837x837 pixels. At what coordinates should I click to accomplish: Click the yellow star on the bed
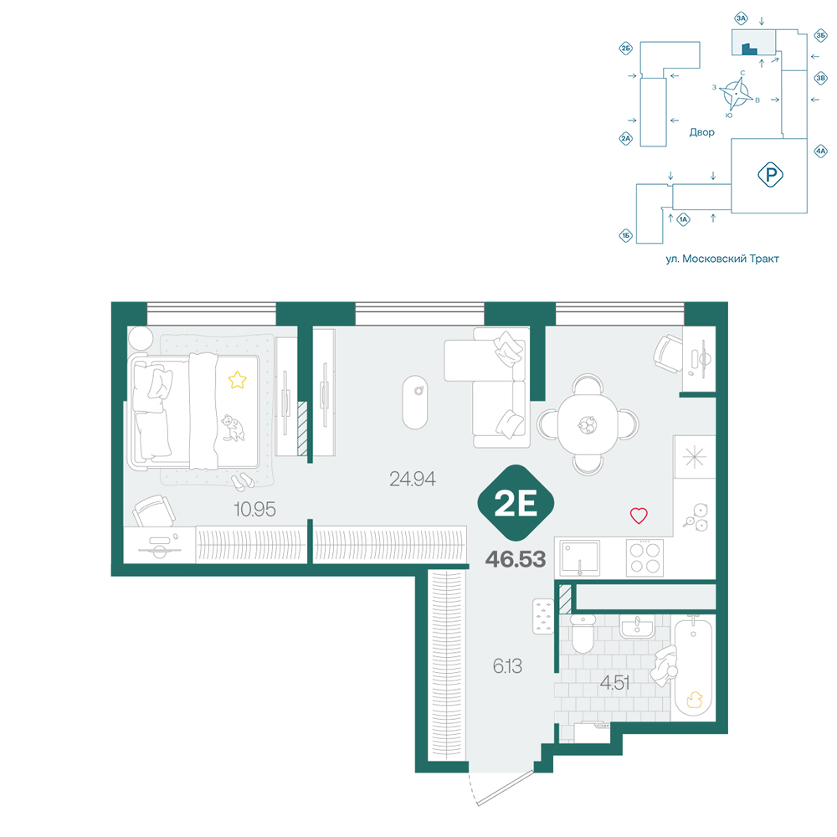point(238,380)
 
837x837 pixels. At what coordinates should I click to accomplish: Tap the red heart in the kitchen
point(639,515)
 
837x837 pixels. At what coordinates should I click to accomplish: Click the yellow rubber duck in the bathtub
point(694,699)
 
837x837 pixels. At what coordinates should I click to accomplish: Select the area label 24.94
point(412,479)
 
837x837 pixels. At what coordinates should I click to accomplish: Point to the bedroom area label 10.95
point(254,509)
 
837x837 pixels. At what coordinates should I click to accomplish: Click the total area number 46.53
point(516,559)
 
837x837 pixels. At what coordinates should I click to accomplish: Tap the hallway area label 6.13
point(507,665)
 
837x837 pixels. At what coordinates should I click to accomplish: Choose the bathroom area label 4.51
point(614,682)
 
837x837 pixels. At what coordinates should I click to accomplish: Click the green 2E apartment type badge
point(516,503)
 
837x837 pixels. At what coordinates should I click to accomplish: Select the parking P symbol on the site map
point(770,175)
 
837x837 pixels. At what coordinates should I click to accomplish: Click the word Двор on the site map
point(701,132)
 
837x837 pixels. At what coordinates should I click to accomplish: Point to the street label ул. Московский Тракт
point(722,259)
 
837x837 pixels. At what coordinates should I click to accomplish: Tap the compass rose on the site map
point(736,94)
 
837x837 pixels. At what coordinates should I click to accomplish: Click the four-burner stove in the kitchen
point(644,557)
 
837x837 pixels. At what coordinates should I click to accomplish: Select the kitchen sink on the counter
point(579,557)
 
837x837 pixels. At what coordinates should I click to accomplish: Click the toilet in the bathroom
point(583,633)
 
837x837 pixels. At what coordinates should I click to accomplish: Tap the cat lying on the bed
point(232,428)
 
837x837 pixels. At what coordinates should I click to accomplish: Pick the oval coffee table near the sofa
point(415,403)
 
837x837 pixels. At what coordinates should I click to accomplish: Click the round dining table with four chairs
point(588,424)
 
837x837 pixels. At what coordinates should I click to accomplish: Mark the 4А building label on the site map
point(820,151)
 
